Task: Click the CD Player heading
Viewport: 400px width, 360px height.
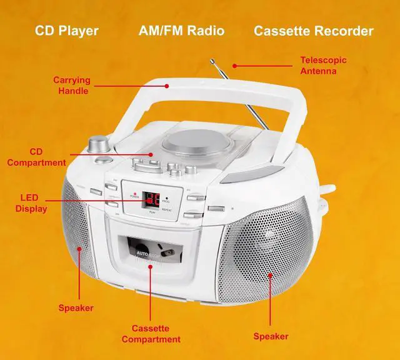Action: pyautogui.click(x=66, y=31)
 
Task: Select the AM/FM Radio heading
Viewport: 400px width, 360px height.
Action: pyautogui.click(x=181, y=31)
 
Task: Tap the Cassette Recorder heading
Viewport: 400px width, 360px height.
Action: pyautogui.click(x=314, y=31)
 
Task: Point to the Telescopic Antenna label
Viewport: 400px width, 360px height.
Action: pyautogui.click(x=323, y=66)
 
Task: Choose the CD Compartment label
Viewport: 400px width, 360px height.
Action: pyautogui.click(x=39, y=157)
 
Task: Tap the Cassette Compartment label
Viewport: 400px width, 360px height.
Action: pyautogui.click(x=151, y=334)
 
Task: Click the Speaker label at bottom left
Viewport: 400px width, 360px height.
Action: pyautogui.click(x=76, y=307)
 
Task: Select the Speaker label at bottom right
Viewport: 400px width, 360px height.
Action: pyautogui.click(x=271, y=336)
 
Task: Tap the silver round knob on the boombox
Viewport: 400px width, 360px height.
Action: pyautogui.click(x=97, y=144)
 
